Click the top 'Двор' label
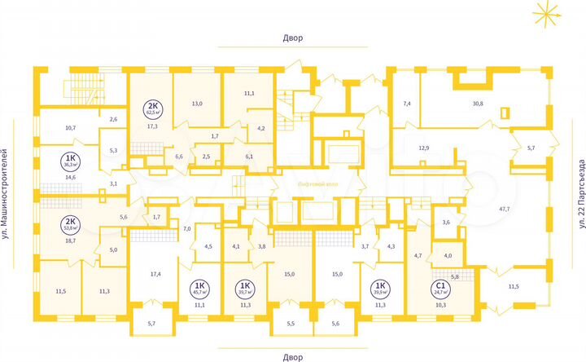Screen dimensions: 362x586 pos(292,38)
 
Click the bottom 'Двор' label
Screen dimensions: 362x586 pos(292,357)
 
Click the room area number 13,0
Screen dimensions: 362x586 pos(197,104)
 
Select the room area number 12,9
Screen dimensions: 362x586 pos(424,148)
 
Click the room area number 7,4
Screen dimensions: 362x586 pos(408,104)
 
